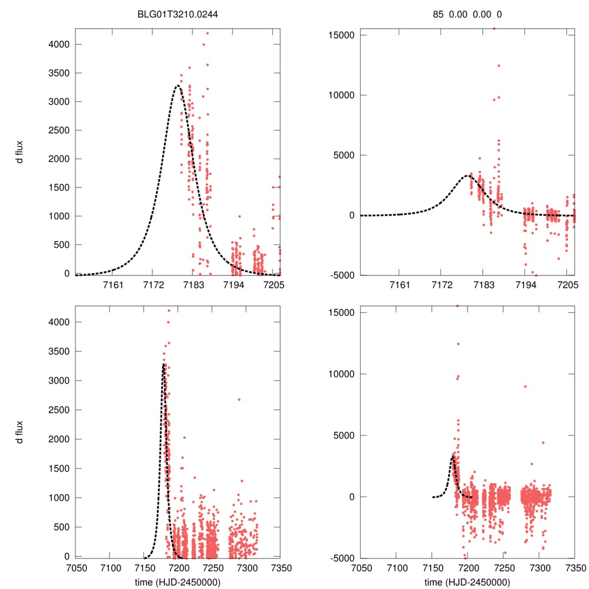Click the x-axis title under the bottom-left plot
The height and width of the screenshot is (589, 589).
click(x=178, y=582)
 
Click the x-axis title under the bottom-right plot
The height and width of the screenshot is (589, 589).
click(x=467, y=582)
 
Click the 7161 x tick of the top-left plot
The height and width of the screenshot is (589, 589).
click(x=112, y=285)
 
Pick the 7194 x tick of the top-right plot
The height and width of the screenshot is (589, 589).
click(x=525, y=285)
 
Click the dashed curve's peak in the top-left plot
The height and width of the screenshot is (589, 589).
click(x=177, y=86)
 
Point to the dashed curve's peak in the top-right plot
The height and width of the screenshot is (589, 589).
click(x=468, y=175)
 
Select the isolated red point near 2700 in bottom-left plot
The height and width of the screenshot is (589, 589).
click(x=239, y=399)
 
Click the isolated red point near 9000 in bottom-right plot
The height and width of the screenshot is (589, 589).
click(x=525, y=387)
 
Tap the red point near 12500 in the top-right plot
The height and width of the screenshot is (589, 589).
click(x=499, y=66)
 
